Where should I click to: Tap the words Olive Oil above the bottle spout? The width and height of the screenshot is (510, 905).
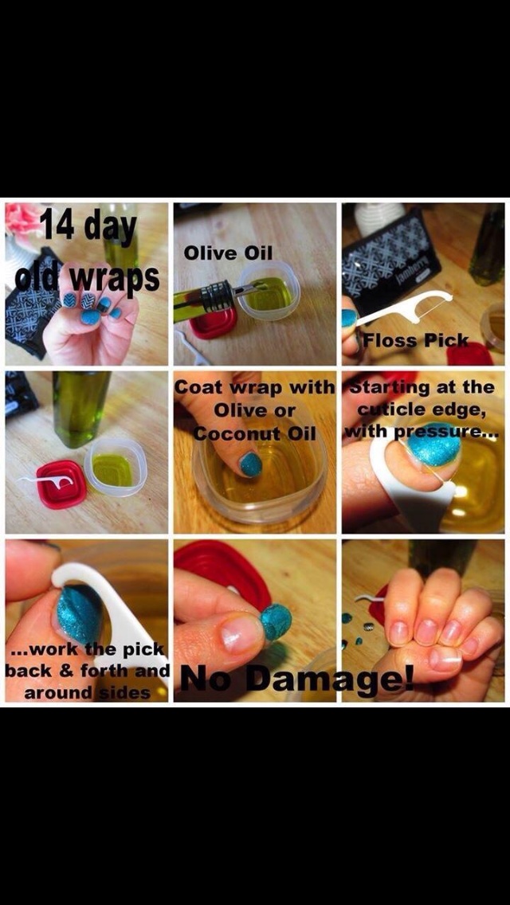229,253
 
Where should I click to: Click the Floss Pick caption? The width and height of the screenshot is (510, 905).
415,340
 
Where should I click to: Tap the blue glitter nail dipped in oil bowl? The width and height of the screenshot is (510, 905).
251,464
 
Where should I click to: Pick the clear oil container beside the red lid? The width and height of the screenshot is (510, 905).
115,468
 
